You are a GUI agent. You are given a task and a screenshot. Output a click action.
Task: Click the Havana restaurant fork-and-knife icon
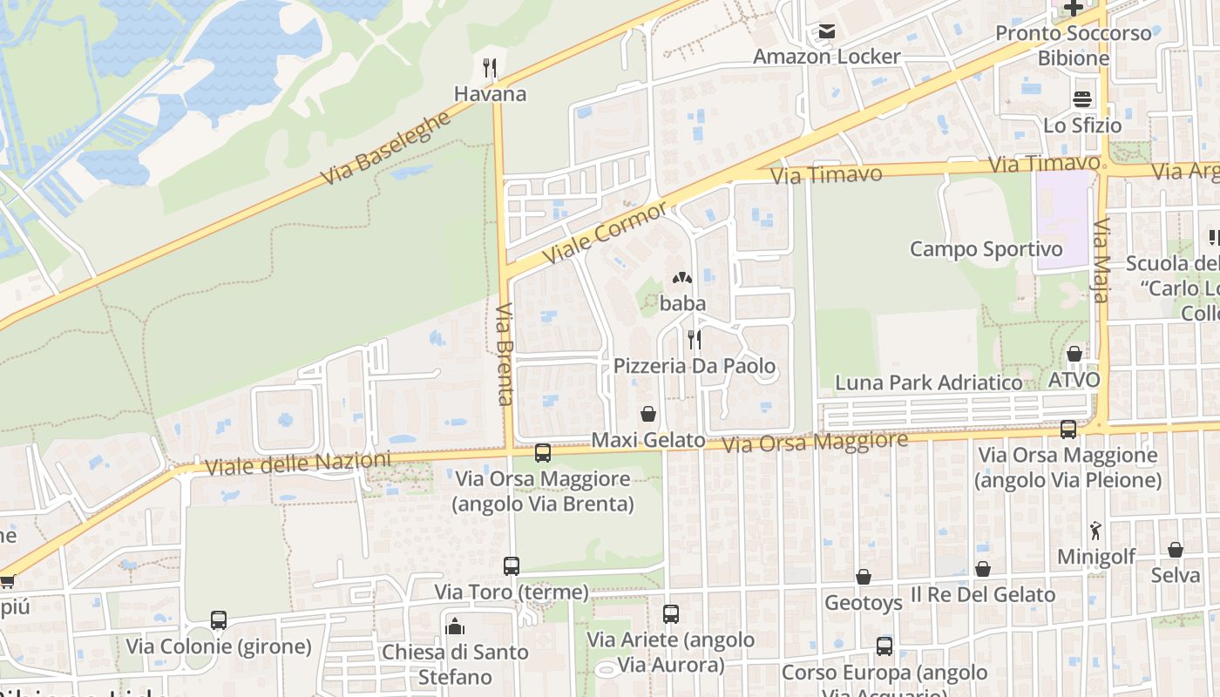[x=490, y=67]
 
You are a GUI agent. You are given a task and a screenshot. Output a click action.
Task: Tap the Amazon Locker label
[x=826, y=57]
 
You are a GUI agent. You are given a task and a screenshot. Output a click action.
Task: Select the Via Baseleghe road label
[x=385, y=148]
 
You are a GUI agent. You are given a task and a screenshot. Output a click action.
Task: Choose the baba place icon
[x=681, y=279]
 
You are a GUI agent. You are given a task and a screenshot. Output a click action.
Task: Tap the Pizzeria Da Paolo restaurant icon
[x=695, y=339]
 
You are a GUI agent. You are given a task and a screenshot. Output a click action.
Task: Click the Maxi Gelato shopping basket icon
[x=648, y=413]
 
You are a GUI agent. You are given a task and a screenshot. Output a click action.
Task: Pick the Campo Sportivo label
[x=986, y=249]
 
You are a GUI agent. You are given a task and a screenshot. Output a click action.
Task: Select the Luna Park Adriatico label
[x=928, y=382]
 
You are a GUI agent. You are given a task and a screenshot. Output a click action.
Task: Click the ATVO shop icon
[x=1074, y=354]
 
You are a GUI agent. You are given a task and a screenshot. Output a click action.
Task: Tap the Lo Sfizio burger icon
[x=1082, y=99]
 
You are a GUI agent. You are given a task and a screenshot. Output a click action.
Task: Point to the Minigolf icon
[x=1095, y=530]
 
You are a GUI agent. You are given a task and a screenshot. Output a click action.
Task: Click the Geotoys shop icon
[x=863, y=577]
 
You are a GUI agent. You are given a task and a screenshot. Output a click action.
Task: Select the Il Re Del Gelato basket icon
[x=983, y=569]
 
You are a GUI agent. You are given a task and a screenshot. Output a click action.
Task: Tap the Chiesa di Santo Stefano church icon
[x=454, y=626]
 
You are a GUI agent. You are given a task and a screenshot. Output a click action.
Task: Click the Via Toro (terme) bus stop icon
[x=512, y=566]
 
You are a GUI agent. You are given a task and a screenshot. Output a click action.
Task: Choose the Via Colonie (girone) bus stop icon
[x=219, y=620]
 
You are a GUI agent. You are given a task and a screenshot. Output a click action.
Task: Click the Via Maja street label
[x=1100, y=261]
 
